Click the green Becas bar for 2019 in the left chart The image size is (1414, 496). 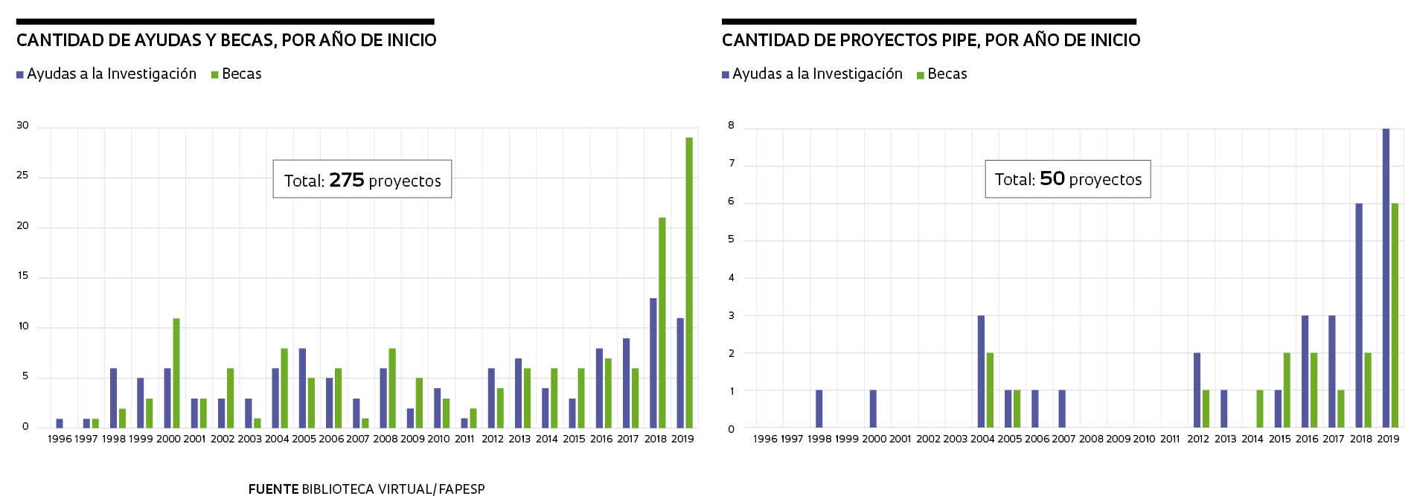[689, 283]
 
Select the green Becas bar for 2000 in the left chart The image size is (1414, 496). [176, 373]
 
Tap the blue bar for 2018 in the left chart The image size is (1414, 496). [653, 363]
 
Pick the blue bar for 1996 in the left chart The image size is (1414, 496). [60, 423]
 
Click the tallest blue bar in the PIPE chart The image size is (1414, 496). [1386, 278]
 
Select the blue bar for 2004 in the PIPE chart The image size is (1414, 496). [981, 372]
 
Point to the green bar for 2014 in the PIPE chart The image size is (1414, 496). [1260, 409]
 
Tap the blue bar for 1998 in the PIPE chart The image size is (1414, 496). [819, 409]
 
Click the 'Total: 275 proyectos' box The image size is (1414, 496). [362, 179]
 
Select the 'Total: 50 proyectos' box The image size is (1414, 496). [1068, 179]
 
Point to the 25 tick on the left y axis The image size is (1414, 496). [23, 175]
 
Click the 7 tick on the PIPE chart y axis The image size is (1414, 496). [732, 164]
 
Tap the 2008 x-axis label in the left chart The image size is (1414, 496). [386, 439]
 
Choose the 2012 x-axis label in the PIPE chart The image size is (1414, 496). [1198, 439]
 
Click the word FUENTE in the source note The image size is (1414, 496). [274, 489]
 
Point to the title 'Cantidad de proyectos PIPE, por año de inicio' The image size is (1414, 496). [931, 40]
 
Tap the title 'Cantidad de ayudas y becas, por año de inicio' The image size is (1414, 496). [226, 40]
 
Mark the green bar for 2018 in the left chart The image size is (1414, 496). [662, 323]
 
